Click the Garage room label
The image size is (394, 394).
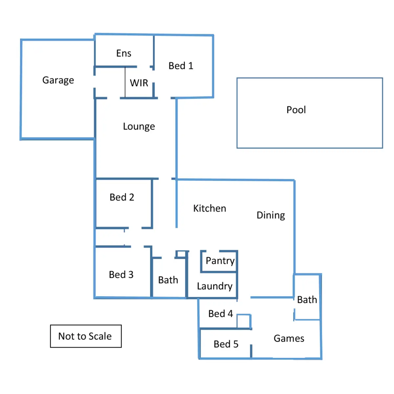[x=58, y=80]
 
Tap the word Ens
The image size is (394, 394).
[x=124, y=53]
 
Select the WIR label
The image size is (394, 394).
[x=139, y=83]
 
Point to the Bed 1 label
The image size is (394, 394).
[x=181, y=66]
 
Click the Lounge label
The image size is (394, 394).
[x=139, y=126]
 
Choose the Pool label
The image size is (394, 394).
[x=296, y=110]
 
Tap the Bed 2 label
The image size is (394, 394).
[x=122, y=197]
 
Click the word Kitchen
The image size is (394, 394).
[x=209, y=208]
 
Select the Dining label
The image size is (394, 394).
[x=271, y=215]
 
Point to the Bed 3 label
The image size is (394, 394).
[x=121, y=274]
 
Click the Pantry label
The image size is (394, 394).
[x=220, y=261]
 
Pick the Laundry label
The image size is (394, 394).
[x=215, y=286]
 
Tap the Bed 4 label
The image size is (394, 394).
[x=221, y=314]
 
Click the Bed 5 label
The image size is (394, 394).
[x=226, y=344]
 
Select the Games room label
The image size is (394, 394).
[x=289, y=338]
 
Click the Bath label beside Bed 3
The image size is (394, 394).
[x=168, y=280]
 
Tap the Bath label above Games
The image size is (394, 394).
[x=307, y=299]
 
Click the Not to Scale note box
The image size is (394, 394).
[x=86, y=336]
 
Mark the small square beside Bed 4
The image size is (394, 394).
[x=244, y=321]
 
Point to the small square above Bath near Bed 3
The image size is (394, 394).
[x=181, y=254]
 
